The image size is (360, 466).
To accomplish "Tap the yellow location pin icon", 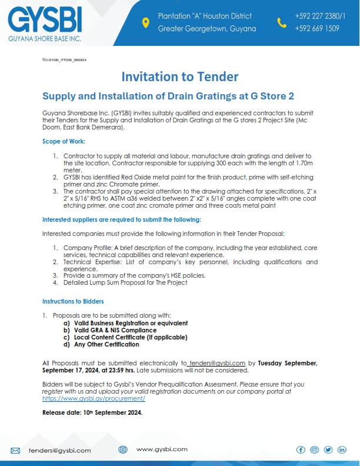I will pos(146,22).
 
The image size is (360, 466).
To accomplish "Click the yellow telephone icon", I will pos(282,22).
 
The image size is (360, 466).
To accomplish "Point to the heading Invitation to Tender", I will pos(179,76).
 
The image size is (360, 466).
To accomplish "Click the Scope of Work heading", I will pos(64,141).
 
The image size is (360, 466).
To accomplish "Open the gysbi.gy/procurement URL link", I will pos(94,398).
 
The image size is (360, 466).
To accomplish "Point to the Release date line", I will pos(92,412).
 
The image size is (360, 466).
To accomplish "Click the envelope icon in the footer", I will pos(15,450).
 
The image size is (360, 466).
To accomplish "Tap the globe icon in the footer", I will pos(123,450).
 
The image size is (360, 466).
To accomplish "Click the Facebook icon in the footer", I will pos(301,450).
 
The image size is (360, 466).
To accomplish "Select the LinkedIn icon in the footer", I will pos(342,450).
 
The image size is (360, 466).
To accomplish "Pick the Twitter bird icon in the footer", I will pos(328,450).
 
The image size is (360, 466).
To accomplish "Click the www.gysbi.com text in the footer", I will pos(162,449).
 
